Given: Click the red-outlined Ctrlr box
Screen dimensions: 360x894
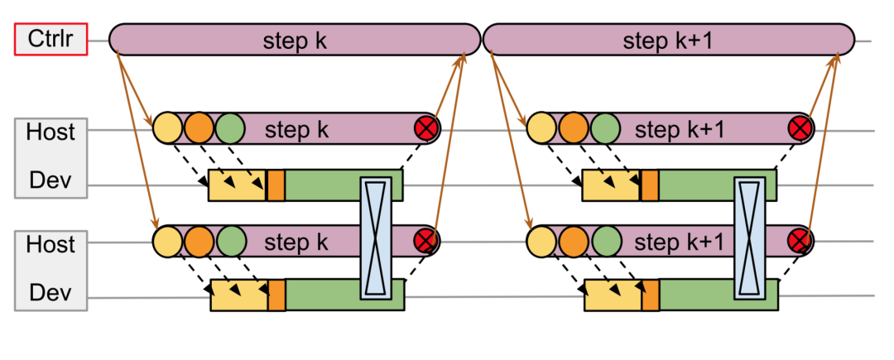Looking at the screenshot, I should point(51,40).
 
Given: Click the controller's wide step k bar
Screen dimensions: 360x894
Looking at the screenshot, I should point(295,40).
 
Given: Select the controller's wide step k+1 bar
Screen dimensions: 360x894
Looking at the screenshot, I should point(669,40).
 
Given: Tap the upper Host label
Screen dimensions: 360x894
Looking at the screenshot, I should point(50,132).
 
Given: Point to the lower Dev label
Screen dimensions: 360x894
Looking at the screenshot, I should point(50,293).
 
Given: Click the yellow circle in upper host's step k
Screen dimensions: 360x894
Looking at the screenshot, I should point(167,128).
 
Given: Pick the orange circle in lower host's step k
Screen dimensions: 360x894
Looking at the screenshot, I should point(199,242).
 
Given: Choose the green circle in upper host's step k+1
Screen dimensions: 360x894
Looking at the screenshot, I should point(605,128).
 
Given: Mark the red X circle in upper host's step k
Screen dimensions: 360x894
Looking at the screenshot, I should point(427,128).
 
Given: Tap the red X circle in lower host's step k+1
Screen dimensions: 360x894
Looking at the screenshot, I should point(800,242).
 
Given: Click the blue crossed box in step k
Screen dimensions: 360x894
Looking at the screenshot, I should point(376,237).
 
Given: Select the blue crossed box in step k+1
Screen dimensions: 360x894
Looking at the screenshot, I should point(749,237).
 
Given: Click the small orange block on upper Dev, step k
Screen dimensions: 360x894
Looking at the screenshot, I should point(276,185).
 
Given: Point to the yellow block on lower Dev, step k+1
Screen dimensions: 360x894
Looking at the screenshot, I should point(613,295).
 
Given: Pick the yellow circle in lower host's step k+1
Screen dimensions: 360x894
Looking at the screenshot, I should point(541,242).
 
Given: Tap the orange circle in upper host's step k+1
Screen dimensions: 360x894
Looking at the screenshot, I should point(573,128).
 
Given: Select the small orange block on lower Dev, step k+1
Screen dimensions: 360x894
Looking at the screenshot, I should point(651,295).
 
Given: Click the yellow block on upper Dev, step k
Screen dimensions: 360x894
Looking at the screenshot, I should point(237,185).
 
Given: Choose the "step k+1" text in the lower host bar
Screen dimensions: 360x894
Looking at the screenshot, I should point(679,242).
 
